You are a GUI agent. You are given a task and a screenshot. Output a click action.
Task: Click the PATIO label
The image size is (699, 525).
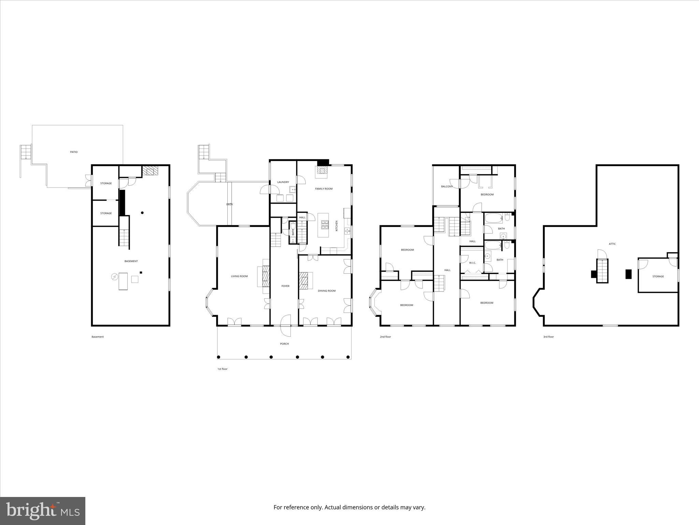tap(74, 152)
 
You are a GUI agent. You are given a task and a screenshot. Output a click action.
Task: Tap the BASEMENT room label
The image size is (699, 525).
tap(131, 261)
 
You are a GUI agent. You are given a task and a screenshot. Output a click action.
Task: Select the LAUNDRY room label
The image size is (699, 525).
tap(283, 182)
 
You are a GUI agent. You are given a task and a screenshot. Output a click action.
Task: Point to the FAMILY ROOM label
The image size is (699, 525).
tap(324, 189)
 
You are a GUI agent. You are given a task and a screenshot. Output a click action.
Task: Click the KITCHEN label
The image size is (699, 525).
tap(337, 226)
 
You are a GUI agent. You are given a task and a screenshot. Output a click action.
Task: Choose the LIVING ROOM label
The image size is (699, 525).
tap(239, 276)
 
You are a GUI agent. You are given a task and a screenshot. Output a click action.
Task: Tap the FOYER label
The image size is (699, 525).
tap(285, 286)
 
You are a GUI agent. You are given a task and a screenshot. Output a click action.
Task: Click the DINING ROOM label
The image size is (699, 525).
tap(327, 291)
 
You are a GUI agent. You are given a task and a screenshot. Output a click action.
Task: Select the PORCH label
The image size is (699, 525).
tap(284, 344)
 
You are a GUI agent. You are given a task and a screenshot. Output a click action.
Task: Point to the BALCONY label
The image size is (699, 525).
tap(447, 186)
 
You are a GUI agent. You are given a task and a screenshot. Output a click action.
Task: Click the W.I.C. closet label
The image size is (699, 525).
tap(472, 263)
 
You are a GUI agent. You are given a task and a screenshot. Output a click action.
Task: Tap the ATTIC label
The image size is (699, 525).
tap(612, 244)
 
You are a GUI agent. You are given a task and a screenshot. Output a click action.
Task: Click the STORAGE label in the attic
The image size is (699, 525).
tap(658, 277)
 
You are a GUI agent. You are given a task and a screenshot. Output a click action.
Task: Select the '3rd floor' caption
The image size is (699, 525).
tap(548, 337)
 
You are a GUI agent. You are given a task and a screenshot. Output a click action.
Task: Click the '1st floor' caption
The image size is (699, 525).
tap(222, 369)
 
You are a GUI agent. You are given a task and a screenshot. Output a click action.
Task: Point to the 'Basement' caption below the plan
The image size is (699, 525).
tap(98, 337)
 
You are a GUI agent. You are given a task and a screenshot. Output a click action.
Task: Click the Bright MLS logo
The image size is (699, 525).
tap(43, 511)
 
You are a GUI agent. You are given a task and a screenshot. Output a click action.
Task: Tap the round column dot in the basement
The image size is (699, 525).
tap(142, 213)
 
